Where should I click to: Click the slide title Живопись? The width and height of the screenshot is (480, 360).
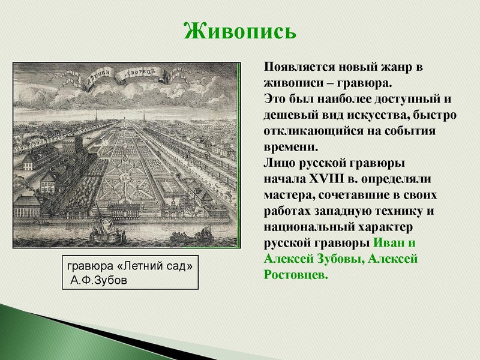[x=239, y=29]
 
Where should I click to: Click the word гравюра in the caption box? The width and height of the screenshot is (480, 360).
[x=89, y=268]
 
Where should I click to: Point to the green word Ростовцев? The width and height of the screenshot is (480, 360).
[x=296, y=275]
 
